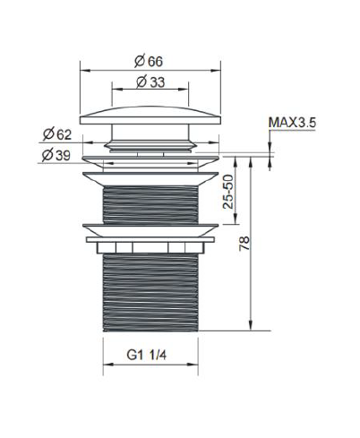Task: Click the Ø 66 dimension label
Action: pyautogui.click(x=149, y=61)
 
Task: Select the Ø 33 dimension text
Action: pyautogui.click(x=150, y=82)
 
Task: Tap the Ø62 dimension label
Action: pyautogui.click(x=57, y=134)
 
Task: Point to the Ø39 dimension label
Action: pyautogui.click(x=56, y=155)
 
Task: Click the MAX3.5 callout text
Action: pyautogui.click(x=292, y=123)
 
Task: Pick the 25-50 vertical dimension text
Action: pyautogui.click(x=228, y=192)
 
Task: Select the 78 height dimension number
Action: pyautogui.click(x=244, y=244)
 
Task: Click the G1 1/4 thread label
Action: pyautogui.click(x=147, y=355)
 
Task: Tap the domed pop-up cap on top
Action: pyautogui.click(x=150, y=116)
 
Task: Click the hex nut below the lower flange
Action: pyautogui.click(x=150, y=248)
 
